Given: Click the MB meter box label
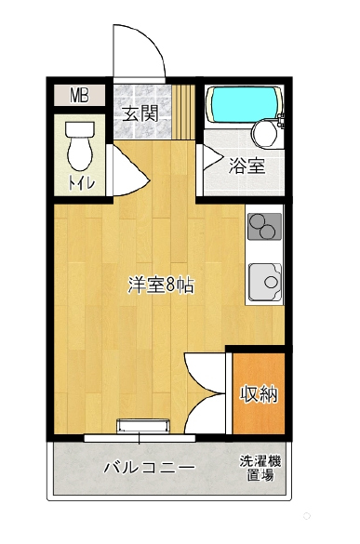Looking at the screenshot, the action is (79, 96).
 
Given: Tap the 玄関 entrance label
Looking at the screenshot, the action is (141, 113).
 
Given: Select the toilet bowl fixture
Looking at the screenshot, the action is (80, 145).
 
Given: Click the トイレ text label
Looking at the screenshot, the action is (81, 182).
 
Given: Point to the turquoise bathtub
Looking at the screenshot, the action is (244, 104).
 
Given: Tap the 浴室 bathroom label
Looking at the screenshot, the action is (247, 166).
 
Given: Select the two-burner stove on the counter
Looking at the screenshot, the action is (264, 226).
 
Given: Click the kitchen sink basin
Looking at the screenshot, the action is (265, 282).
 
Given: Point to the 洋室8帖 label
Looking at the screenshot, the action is (161, 285).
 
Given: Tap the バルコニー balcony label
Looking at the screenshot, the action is (150, 468).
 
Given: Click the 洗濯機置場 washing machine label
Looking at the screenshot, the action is (260, 469).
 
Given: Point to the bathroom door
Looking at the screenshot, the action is (212, 158).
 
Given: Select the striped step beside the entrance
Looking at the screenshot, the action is (183, 112).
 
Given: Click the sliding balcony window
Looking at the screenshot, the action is (140, 438).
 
